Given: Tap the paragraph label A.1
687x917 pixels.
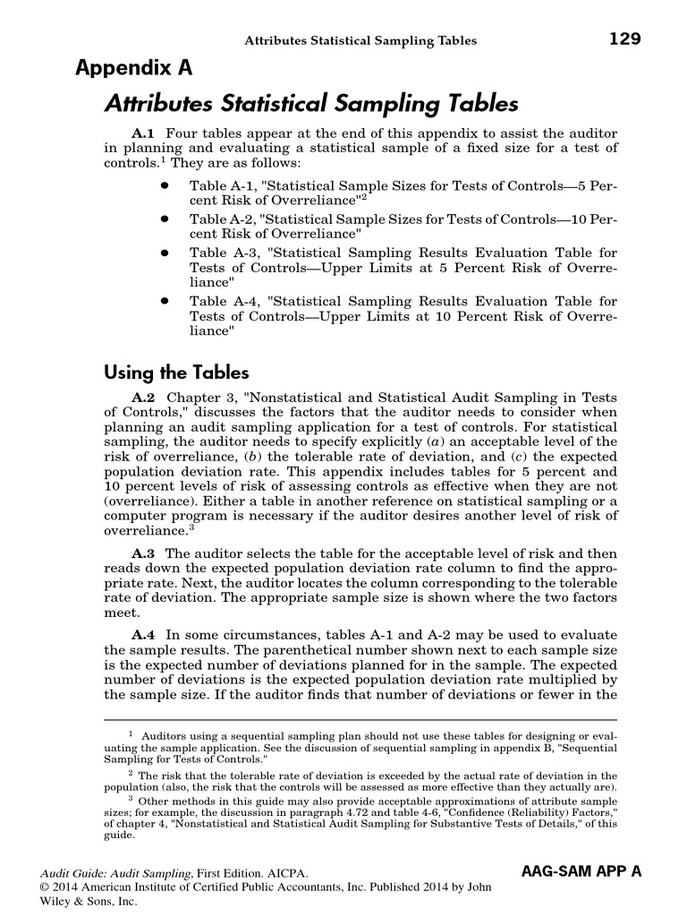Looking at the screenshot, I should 143,133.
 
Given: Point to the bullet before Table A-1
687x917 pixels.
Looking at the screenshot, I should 165,184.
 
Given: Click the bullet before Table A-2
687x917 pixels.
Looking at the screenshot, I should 165,218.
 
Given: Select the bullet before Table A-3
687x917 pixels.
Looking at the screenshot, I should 165,253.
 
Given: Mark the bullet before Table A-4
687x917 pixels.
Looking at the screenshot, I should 165,302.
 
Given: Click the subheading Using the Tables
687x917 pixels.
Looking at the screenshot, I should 176,371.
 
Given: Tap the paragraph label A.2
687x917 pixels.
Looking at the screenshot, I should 143,397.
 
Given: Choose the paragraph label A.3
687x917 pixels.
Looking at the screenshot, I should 143,553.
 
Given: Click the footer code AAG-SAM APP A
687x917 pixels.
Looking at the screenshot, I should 581,870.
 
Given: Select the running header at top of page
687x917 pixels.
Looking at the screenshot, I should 361,40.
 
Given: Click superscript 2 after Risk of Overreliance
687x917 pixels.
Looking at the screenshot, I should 361,195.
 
